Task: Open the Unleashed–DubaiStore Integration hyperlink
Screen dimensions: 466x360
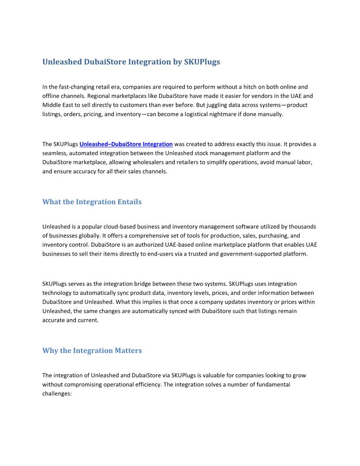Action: tap(126, 144)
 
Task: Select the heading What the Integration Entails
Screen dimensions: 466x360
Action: tap(92, 202)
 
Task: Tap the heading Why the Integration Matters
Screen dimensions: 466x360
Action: tap(92, 350)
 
